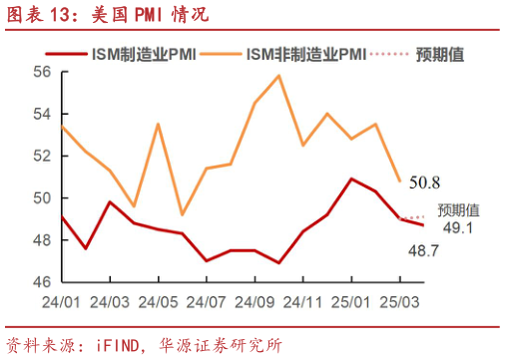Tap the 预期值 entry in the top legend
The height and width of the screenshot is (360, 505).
pos(440,52)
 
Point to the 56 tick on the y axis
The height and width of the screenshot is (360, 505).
pos(43,72)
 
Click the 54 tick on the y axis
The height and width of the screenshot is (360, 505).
pos(43,114)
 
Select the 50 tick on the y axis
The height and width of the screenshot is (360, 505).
pos(43,197)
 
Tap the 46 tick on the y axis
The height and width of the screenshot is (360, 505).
pos(43,282)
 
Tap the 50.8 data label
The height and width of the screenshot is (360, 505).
pos(425,181)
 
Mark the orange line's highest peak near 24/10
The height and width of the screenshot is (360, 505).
pos(278,76)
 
